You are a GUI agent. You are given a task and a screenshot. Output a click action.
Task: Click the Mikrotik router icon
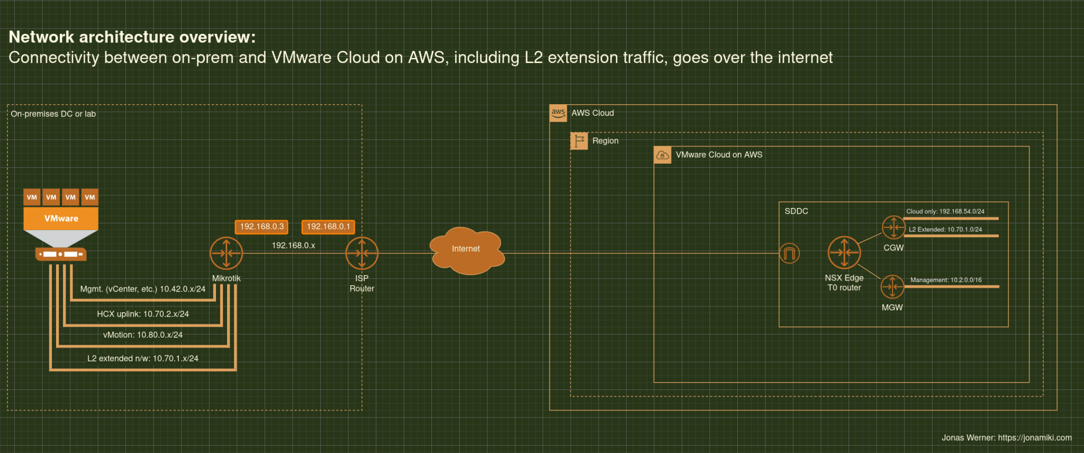coord(227,253)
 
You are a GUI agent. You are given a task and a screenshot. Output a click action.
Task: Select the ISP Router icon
coord(362,253)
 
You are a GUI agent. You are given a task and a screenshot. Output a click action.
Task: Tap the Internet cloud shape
coord(466,250)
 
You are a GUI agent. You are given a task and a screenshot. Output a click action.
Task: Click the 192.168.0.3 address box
coord(261,226)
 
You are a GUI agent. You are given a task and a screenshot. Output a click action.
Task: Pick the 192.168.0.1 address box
coord(328,226)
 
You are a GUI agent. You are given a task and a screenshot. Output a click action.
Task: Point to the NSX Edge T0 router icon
coord(844,253)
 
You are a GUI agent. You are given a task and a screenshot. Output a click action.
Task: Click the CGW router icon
coord(893,228)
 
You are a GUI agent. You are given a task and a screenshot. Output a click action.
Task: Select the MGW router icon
coord(892,287)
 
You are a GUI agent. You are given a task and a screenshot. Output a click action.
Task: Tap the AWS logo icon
coord(558,113)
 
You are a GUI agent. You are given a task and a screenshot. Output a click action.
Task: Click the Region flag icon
coord(580,141)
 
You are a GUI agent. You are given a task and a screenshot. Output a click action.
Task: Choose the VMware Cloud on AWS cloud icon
coord(663,155)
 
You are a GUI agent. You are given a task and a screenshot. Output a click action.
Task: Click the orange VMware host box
coord(61,218)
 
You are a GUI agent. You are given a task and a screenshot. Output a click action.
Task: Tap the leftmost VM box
coord(32,197)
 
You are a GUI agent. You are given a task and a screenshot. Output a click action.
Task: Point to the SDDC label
coord(796,211)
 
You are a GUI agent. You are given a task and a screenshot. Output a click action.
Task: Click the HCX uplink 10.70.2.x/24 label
coord(143,314)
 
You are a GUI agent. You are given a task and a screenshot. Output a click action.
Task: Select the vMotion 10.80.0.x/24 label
coord(143,335)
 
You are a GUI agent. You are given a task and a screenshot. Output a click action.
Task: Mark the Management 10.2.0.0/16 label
coord(946,280)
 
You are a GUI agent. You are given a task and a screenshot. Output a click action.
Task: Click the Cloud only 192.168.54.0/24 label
coord(945,211)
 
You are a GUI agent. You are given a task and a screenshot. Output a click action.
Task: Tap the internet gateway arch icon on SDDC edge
coord(789,253)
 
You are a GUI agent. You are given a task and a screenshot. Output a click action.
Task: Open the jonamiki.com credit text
coord(1006,438)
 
